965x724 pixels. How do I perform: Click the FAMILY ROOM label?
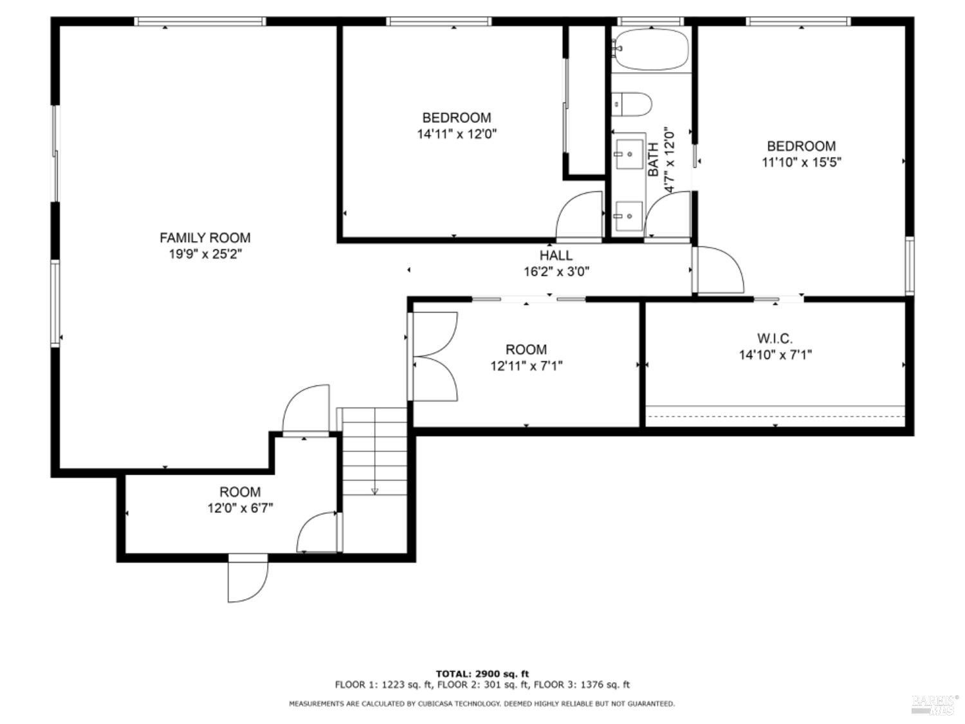tap(205, 237)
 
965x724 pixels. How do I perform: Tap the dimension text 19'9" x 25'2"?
tap(205, 254)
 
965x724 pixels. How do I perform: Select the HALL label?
tap(556, 255)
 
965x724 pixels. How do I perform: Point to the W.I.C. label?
tap(775, 338)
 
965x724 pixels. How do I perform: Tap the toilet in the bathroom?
tap(632, 104)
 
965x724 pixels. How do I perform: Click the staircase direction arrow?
tap(374, 491)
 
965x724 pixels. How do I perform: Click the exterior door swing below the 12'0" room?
tap(247, 579)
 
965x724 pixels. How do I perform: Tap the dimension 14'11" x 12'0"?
tap(457, 135)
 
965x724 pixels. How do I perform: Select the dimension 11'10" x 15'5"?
tap(801, 162)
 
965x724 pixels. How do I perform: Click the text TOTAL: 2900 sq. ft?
tap(482, 674)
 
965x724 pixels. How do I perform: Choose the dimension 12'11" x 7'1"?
tap(526, 366)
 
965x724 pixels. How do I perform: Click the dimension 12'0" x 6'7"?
tap(240, 508)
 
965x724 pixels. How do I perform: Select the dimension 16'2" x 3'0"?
tap(556, 272)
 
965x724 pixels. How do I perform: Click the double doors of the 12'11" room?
tap(435, 357)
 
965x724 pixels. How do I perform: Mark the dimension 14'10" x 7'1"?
tap(775, 355)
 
